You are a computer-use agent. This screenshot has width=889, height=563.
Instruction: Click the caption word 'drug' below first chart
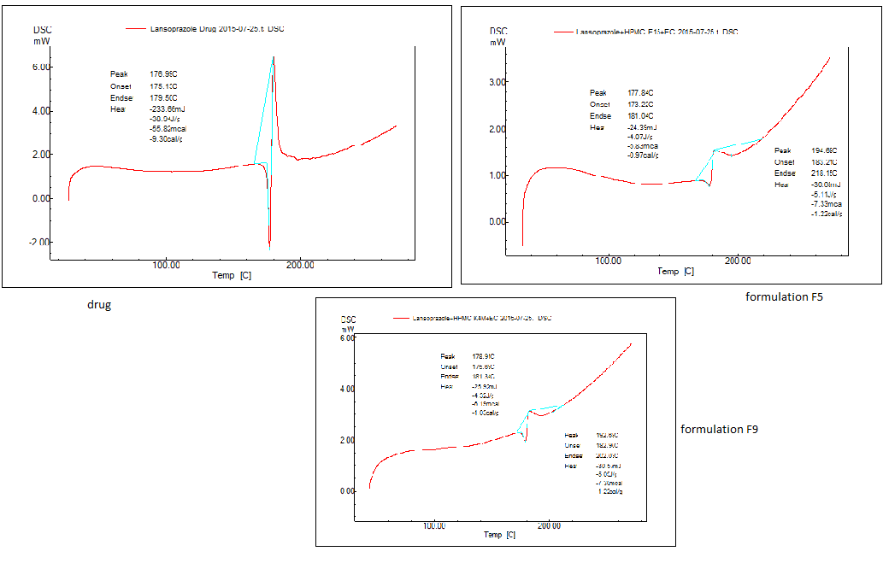98,305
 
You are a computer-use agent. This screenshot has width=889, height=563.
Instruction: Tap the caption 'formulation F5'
784,297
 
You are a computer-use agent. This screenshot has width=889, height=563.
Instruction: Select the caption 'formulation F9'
719,429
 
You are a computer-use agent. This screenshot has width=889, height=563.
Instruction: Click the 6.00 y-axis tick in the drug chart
42,67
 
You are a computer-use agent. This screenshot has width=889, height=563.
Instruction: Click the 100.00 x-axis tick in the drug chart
166,265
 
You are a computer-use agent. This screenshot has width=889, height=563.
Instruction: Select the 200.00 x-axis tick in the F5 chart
738,260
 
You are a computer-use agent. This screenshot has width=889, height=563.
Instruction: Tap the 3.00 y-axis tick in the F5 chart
497,83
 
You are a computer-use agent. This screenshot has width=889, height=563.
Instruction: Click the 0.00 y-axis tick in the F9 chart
348,492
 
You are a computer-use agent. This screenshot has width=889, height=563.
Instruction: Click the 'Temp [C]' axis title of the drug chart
231,275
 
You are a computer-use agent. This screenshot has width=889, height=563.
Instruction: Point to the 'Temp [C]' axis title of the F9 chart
500,535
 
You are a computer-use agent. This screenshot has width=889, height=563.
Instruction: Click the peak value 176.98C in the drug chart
163,75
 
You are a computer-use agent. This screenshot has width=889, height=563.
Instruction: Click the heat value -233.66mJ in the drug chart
168,108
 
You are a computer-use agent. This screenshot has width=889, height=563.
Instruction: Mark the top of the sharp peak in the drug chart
274,57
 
